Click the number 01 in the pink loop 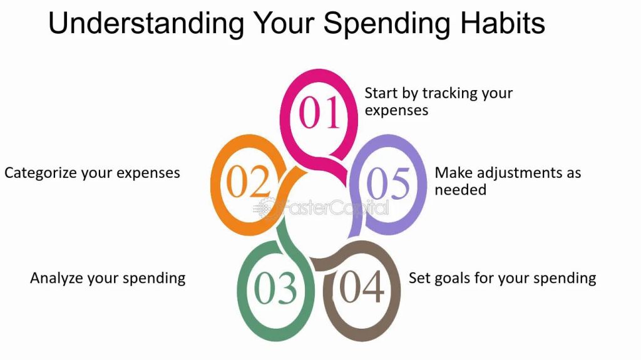[x=319, y=113]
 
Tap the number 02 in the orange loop [x=248, y=181]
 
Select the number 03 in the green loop [x=275, y=288]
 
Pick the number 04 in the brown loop [x=362, y=286]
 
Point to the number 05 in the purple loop [x=388, y=183]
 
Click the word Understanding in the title [x=146, y=23]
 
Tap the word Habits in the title [x=503, y=23]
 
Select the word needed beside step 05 [x=460, y=190]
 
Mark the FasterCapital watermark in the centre [x=321, y=208]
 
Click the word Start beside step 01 [x=381, y=93]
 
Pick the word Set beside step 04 [x=419, y=278]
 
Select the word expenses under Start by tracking [x=396, y=111]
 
